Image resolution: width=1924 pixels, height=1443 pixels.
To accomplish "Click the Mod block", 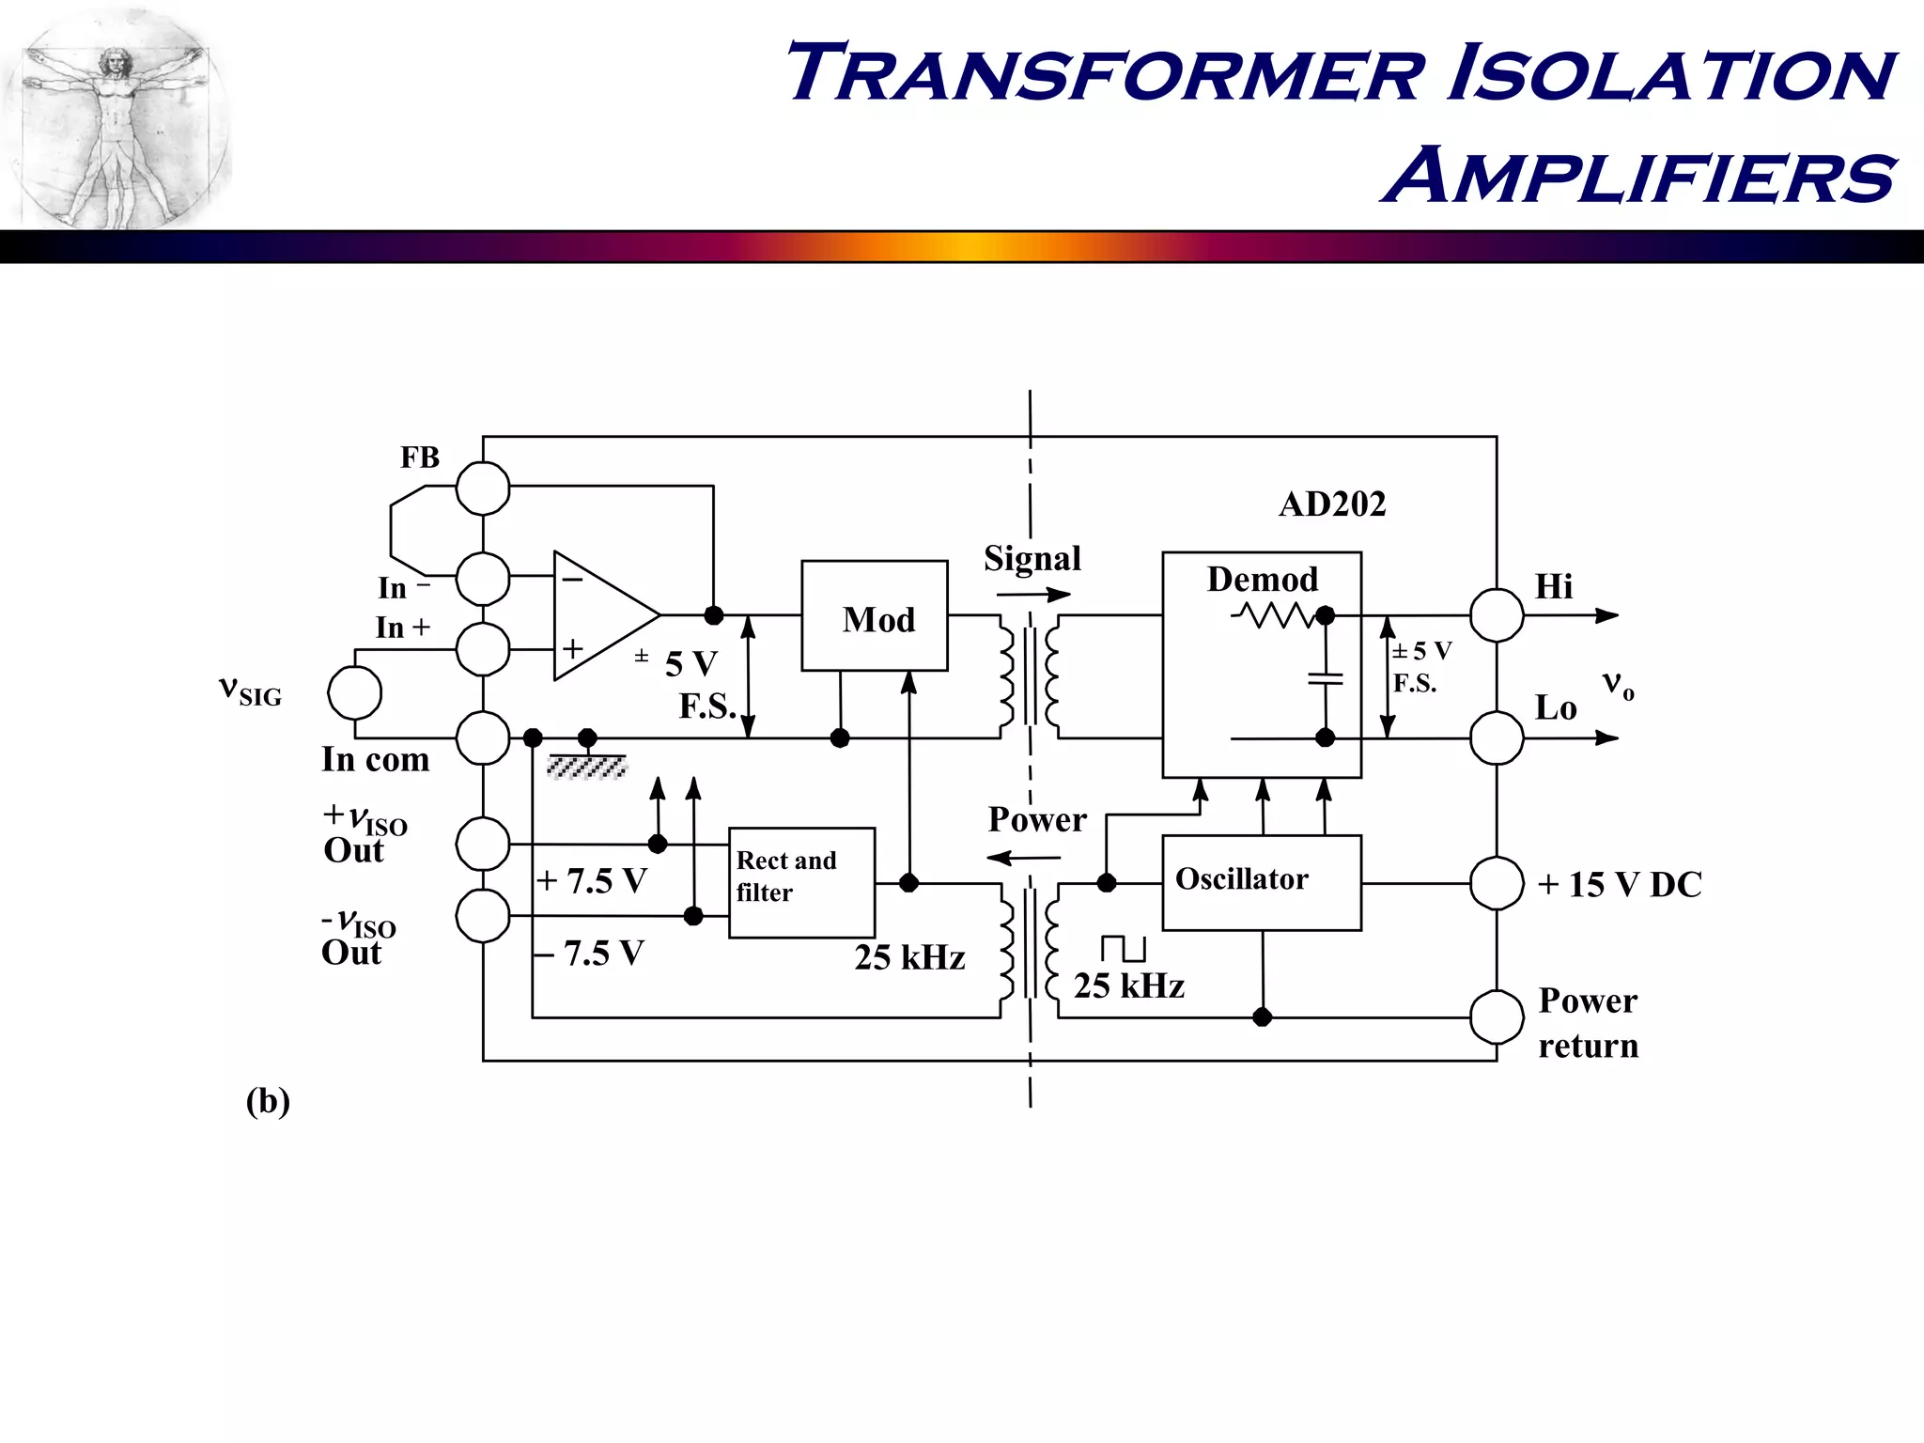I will click(874, 616).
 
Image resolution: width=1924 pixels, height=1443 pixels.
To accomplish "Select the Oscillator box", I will click(1261, 882).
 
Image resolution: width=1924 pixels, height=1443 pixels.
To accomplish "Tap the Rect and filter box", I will click(801, 882).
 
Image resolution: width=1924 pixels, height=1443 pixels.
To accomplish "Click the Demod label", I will click(1262, 580).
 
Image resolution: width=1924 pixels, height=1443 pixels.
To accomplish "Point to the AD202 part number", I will click(1331, 504).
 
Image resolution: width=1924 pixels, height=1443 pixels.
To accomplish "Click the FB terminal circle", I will click(483, 489).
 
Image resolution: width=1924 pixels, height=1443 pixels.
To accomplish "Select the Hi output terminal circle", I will click(1496, 615).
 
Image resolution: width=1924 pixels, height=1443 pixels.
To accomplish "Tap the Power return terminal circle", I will click(1496, 1016).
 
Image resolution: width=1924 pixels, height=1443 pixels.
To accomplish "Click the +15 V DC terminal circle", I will click(1496, 883).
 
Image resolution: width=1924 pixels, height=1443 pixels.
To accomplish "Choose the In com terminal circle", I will click(483, 737).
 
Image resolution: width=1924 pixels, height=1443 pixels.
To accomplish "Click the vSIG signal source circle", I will click(355, 693).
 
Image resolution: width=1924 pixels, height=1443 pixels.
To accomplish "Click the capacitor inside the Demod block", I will click(1325, 678).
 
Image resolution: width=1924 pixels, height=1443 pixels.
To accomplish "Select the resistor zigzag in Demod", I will click(1274, 615).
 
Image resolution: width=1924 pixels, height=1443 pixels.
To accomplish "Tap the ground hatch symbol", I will click(586, 768).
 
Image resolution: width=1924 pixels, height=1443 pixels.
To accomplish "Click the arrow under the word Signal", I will click(1033, 594).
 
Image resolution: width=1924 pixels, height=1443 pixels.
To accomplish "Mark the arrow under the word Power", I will click(1024, 857).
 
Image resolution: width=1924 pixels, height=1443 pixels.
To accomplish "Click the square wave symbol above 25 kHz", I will click(1124, 948).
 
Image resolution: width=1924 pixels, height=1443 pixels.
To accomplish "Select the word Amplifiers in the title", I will click(1639, 176).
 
